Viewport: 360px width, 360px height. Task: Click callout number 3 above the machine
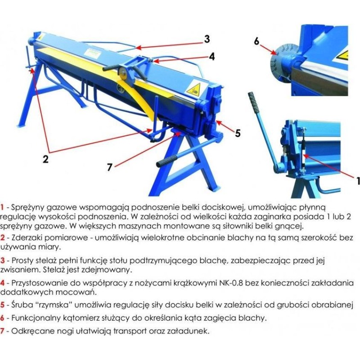tap(207, 39)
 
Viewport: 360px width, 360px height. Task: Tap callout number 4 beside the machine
tap(211, 57)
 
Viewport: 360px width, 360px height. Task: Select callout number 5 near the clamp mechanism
tap(238, 133)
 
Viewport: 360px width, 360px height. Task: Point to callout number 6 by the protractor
tap(256, 41)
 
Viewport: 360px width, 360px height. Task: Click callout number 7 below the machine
tap(110, 167)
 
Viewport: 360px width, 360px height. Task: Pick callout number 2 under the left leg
tap(45, 159)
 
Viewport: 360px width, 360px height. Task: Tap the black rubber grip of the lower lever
tap(167, 161)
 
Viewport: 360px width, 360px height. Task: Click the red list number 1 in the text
tap(2, 207)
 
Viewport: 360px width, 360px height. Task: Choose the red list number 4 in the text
tap(2, 283)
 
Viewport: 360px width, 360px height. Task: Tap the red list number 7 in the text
tap(2, 331)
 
